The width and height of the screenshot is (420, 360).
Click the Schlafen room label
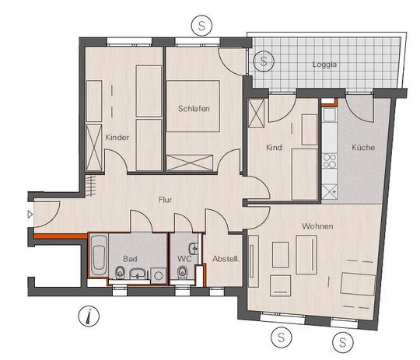194,109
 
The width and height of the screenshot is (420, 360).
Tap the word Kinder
117,138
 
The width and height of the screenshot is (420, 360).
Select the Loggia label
324,65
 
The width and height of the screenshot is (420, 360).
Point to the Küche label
363,147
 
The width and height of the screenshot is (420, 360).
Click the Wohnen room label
317,226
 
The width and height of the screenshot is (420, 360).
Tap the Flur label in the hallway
165,200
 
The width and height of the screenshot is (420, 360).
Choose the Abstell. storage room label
226,259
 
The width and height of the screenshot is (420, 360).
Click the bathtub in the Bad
98,255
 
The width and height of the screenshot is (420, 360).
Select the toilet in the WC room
183,273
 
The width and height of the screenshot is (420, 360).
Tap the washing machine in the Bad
158,275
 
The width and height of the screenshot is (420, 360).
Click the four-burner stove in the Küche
330,161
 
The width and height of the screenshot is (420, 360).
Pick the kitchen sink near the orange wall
329,114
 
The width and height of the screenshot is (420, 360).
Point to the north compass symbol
89,316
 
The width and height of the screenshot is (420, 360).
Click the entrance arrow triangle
30,215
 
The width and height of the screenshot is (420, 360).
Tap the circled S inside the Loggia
264,61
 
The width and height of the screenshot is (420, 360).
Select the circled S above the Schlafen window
201,26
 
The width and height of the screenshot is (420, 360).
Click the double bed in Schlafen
193,106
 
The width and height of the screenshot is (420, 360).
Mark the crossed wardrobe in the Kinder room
94,148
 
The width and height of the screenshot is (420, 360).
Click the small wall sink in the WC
194,249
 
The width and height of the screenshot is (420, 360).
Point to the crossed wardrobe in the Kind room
257,113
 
